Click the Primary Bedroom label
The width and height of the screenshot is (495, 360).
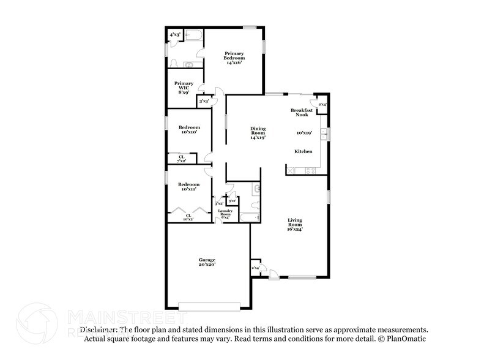coord(234,58)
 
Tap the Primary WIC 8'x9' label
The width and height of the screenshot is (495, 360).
coord(184,88)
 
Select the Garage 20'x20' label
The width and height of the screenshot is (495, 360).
coord(207,262)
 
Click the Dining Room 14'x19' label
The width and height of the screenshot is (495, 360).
coord(258,133)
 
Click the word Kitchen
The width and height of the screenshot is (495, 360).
coord(303,151)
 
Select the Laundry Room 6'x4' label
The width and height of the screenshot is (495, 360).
coord(225,214)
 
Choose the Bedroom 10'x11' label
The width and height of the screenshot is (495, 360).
coord(188,186)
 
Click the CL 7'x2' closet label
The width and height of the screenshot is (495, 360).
coord(182,159)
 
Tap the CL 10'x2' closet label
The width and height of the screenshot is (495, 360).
coord(189,216)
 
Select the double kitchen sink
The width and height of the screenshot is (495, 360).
coord(328,134)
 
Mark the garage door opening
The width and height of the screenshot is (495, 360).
coord(214,306)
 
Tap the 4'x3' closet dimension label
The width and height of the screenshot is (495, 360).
coord(174,35)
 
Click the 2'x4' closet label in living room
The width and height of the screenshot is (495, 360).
coord(256,268)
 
